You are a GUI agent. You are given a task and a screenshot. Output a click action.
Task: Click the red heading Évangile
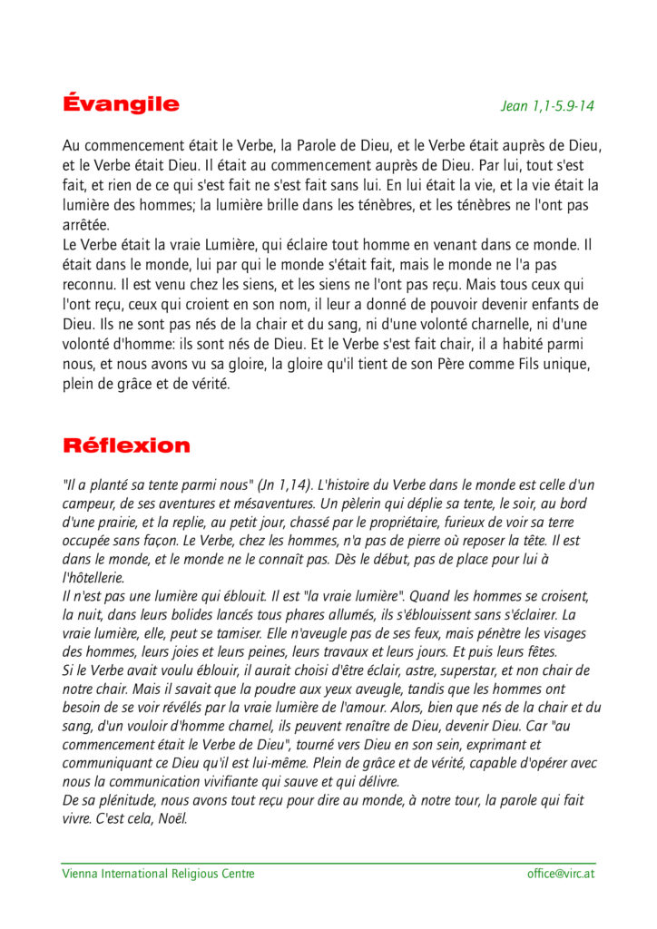(121, 104)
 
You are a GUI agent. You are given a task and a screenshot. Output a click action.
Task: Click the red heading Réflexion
(126, 445)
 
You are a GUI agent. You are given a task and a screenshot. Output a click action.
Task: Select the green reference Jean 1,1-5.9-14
(547, 106)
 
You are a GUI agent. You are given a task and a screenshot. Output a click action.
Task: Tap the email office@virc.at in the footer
(561, 874)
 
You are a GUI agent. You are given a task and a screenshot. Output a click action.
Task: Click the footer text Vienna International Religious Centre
(158, 874)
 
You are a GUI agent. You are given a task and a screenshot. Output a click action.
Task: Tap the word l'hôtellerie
(93, 578)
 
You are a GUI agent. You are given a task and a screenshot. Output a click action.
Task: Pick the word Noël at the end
(170, 818)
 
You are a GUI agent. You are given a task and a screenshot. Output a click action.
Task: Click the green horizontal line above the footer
(328, 863)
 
